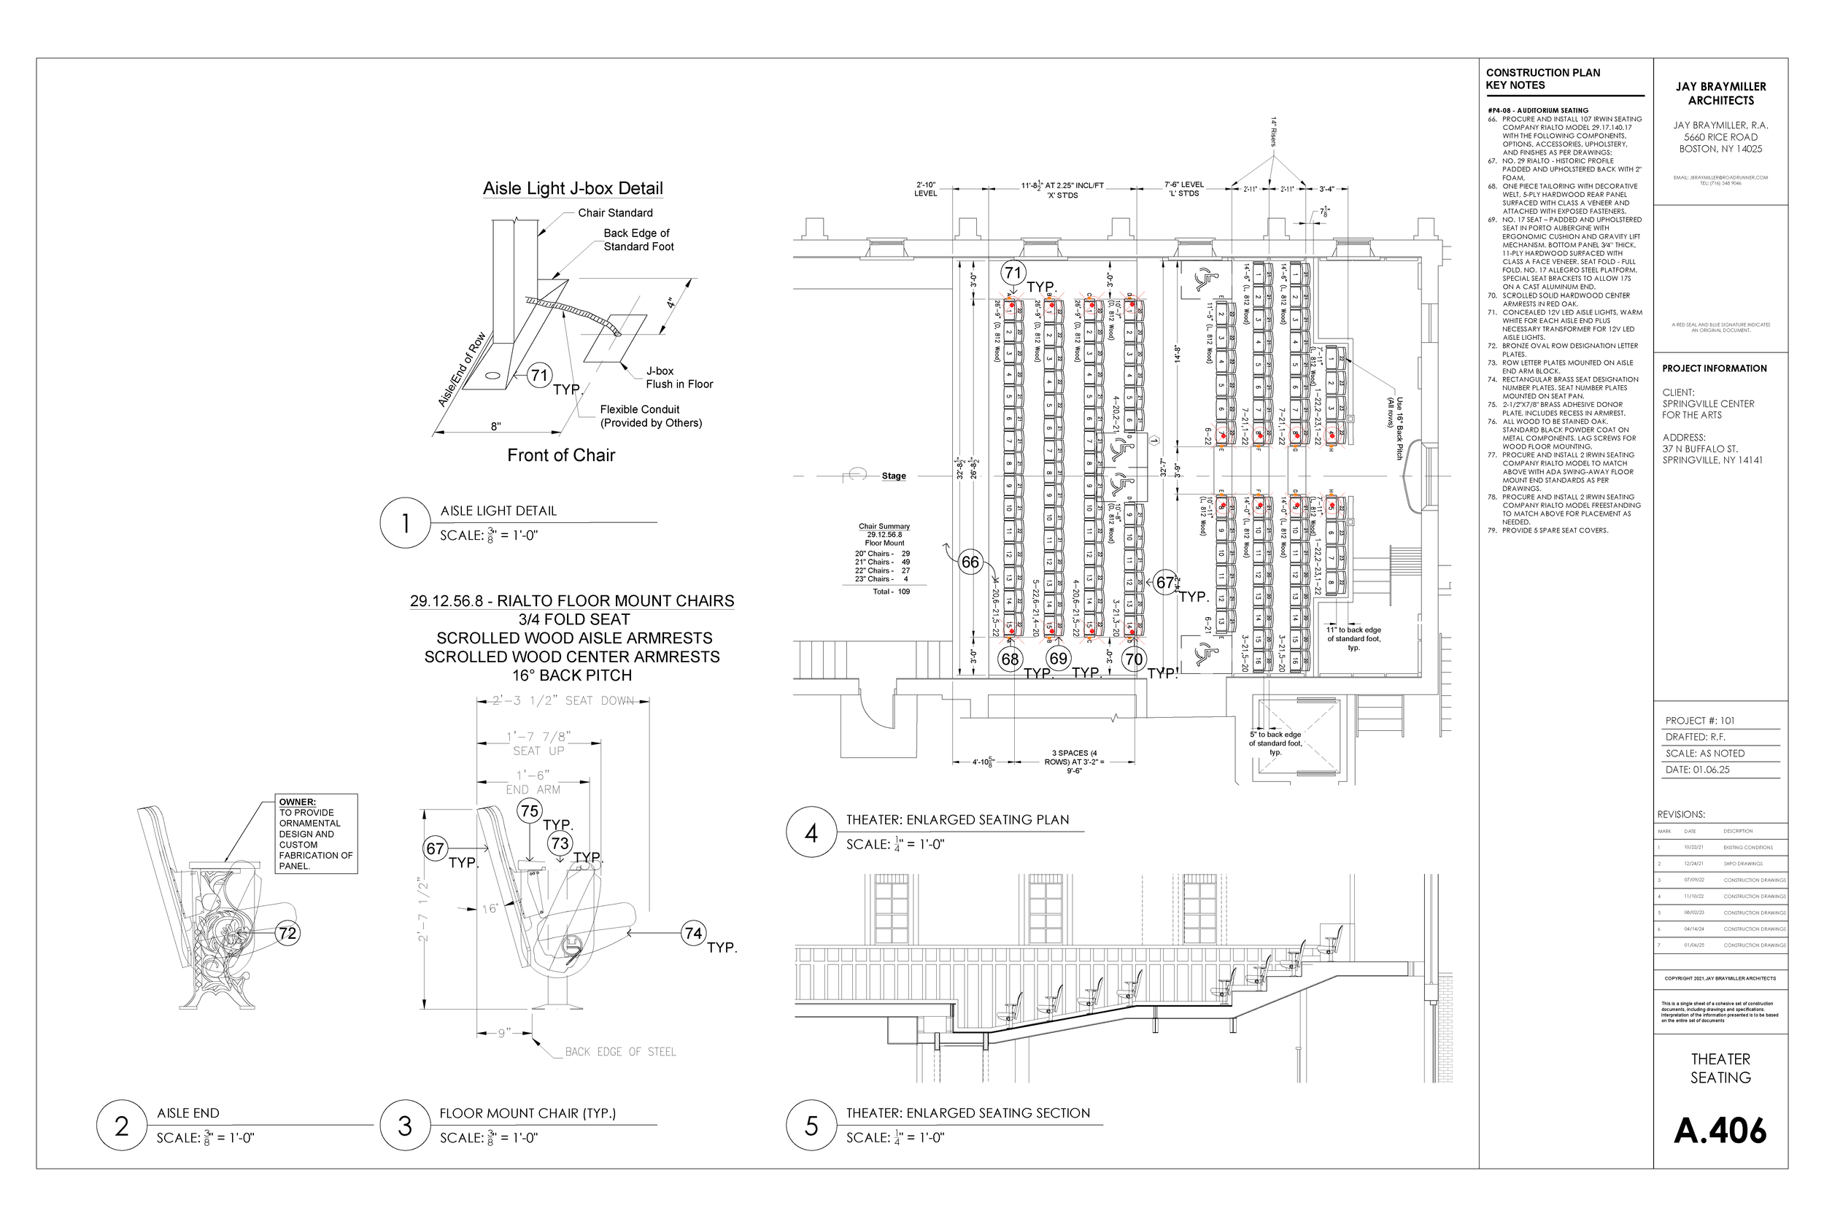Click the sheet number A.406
point(1720,1131)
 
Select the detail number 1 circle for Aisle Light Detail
point(405,523)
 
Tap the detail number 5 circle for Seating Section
point(811,1126)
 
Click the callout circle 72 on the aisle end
point(287,933)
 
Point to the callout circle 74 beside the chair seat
point(693,933)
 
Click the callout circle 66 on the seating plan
point(970,562)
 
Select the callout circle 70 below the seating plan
point(1134,659)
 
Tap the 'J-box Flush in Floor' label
point(679,378)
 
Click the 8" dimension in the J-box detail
point(495,426)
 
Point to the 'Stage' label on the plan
point(893,476)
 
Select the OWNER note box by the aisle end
point(316,834)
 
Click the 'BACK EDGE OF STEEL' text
point(619,1052)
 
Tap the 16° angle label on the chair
point(490,908)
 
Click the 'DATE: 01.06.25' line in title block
point(1697,770)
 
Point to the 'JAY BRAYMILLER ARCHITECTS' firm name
point(1720,94)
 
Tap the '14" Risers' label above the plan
point(1273,132)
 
